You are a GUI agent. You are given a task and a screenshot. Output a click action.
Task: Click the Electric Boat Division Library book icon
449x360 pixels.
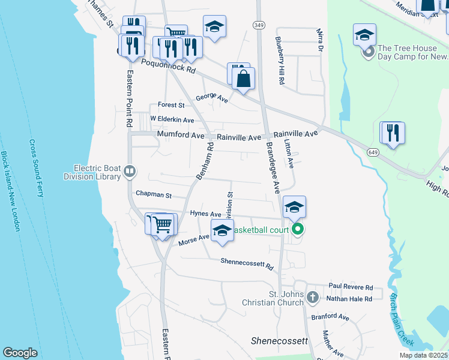point(129,173)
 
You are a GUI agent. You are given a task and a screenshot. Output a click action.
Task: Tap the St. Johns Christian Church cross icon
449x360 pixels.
point(312,297)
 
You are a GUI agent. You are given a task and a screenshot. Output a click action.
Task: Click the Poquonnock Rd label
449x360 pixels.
point(169,65)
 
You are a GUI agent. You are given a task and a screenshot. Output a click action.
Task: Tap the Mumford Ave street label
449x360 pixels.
point(181,136)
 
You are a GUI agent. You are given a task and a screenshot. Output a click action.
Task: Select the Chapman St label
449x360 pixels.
point(154,195)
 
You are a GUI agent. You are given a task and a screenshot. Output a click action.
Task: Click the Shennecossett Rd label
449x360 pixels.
point(247,261)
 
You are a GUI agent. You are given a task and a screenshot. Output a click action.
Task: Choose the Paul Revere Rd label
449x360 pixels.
point(351,287)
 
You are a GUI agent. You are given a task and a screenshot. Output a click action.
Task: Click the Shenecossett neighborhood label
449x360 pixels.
point(279,341)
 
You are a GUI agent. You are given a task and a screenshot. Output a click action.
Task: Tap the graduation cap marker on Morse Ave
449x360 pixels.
point(221,230)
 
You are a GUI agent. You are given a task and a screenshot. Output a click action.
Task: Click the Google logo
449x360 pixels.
point(20,352)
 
